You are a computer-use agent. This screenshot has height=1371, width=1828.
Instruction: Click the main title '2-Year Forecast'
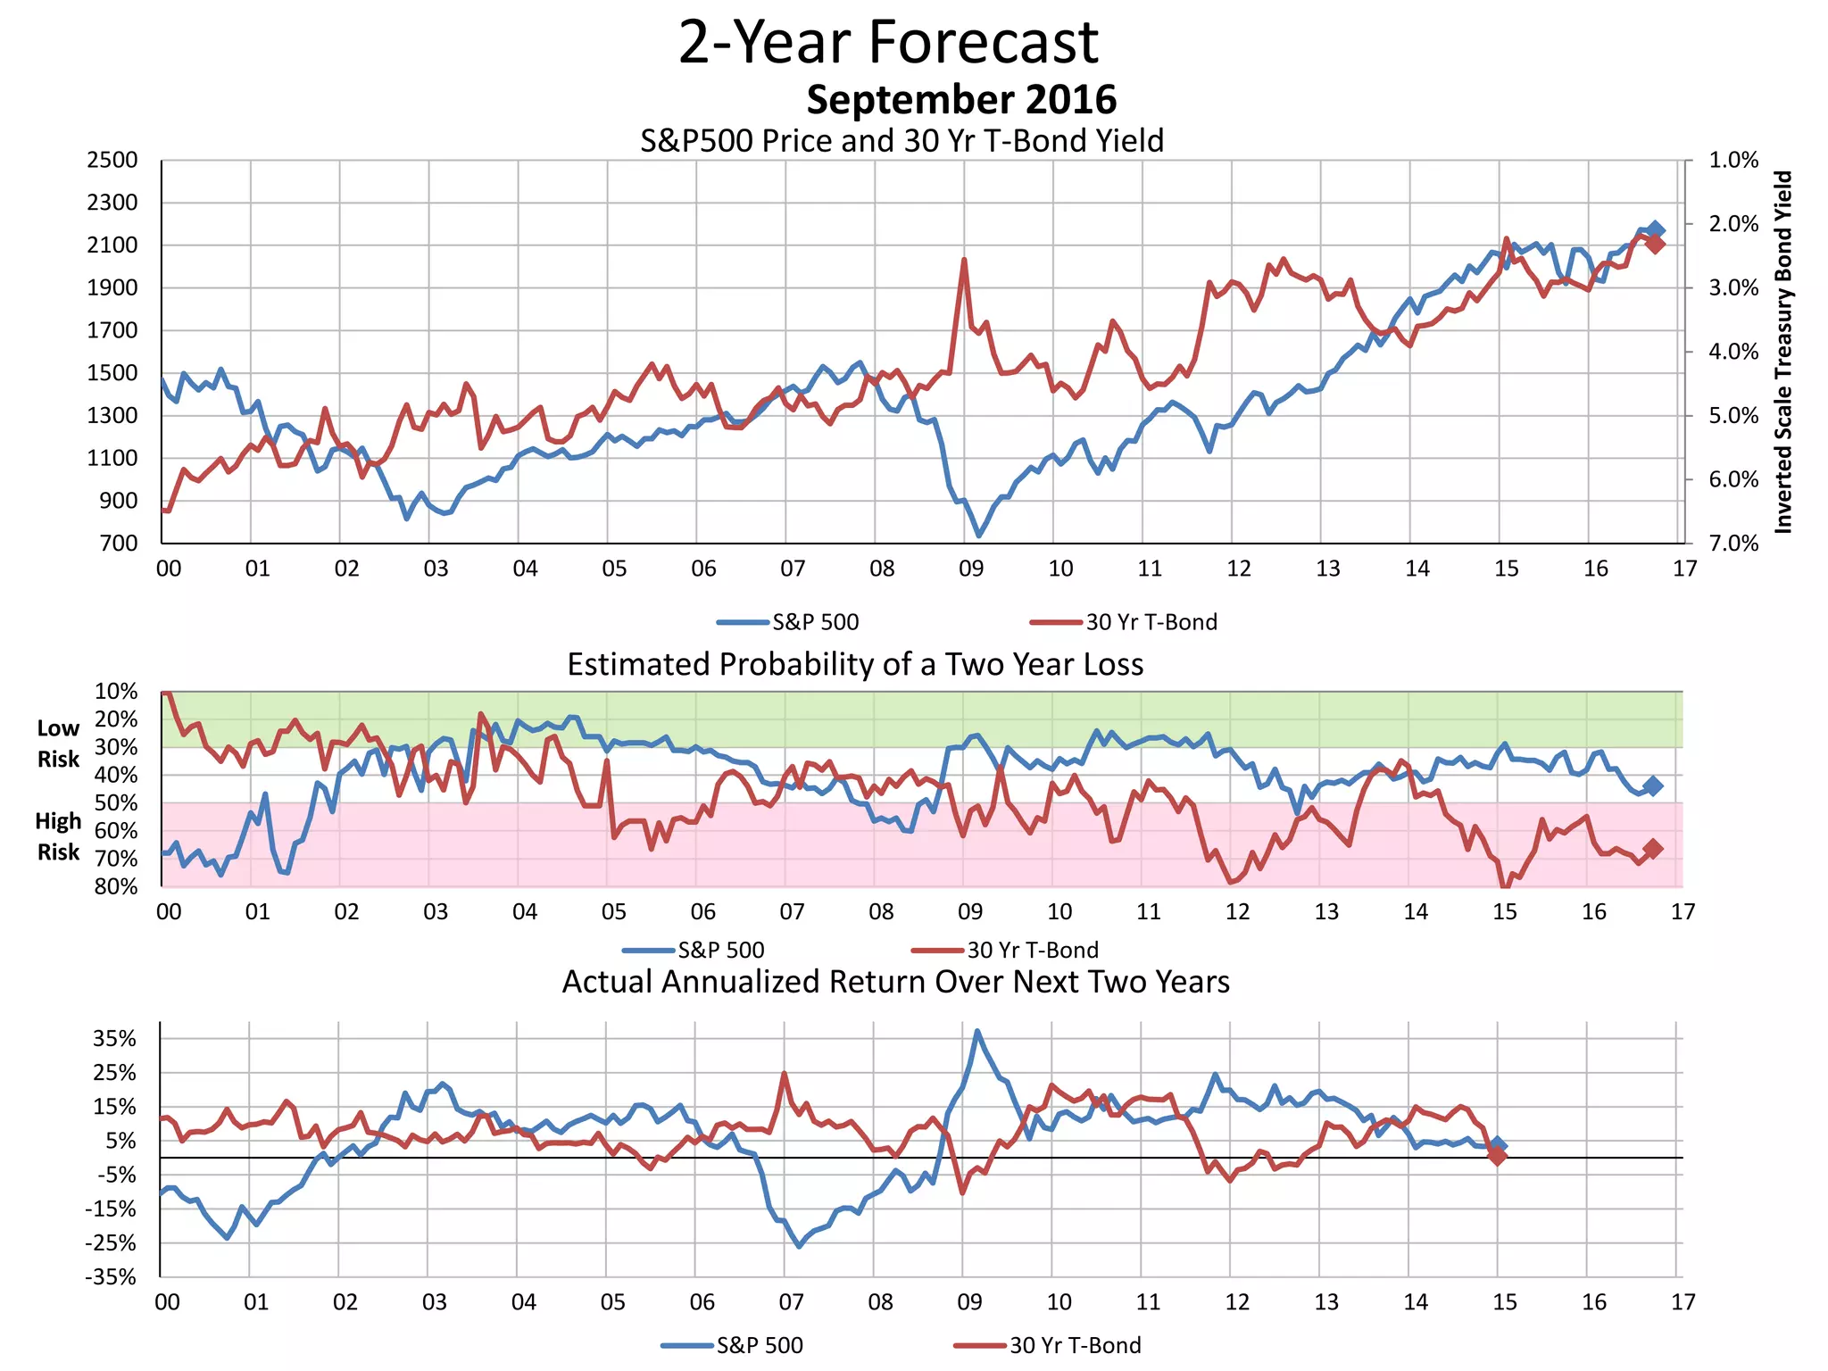coord(888,42)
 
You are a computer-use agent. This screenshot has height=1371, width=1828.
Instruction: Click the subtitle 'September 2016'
coord(961,99)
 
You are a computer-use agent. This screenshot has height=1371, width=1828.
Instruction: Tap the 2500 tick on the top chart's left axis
coord(112,161)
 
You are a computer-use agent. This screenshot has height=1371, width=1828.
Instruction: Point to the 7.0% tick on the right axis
coord(1733,543)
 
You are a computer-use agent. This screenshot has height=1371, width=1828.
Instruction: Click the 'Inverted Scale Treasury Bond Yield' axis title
coord(1782,352)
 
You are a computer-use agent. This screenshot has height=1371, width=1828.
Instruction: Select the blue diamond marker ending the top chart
coord(1655,230)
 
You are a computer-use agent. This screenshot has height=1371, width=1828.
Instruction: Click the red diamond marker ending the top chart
coord(1655,244)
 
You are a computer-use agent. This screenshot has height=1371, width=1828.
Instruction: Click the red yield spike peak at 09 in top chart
coord(964,260)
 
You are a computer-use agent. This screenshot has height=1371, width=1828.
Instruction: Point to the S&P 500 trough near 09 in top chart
coord(979,535)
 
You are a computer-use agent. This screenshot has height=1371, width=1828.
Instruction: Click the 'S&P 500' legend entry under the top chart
coord(814,622)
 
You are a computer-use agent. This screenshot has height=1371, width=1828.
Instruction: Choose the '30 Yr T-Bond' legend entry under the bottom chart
coord(1075,1345)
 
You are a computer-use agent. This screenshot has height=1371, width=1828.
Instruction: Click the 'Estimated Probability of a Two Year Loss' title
coord(855,665)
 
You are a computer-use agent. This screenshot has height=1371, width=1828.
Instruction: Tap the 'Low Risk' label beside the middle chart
coord(59,744)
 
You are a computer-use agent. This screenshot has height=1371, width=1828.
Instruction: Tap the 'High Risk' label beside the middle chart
coord(59,836)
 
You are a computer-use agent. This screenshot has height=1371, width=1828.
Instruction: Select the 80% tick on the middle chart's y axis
coord(116,886)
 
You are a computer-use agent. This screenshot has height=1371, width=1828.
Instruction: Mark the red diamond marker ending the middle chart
coord(1652,849)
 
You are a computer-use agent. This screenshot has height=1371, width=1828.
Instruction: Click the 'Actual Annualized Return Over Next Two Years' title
coord(895,982)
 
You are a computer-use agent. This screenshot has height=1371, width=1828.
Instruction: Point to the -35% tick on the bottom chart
coord(111,1277)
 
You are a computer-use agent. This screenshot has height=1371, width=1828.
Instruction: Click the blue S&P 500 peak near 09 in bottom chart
coord(977,1031)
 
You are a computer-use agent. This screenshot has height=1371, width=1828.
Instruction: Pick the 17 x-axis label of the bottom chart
coord(1683,1302)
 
